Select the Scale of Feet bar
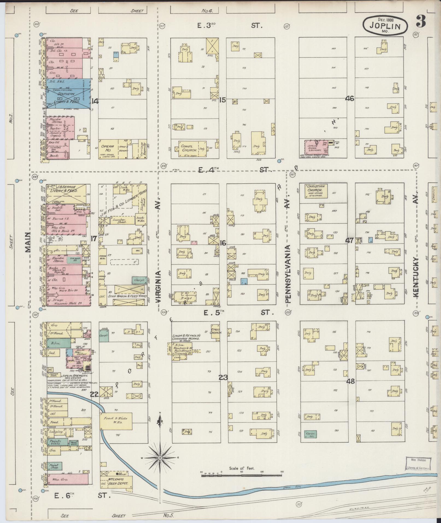242,475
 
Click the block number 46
350,99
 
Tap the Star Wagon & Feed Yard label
129,296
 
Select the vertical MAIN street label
28,242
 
